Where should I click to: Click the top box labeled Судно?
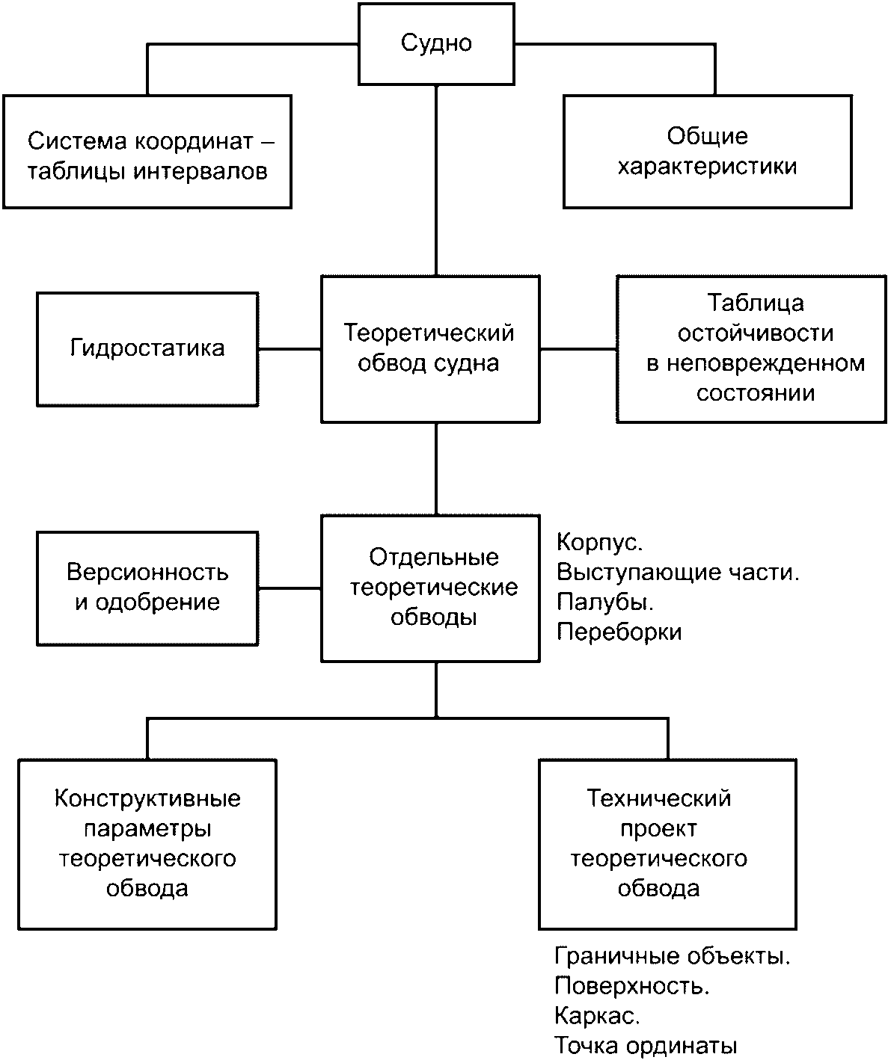point(436,44)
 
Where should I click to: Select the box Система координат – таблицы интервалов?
point(147,152)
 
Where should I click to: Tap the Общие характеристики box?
point(708,152)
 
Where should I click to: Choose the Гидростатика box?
point(147,349)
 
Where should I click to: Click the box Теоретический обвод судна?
point(430,349)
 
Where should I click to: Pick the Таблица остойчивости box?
point(751,349)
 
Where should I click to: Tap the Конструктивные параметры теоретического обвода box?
point(147,845)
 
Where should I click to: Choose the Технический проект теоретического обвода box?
point(667,845)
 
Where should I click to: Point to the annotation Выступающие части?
point(678,573)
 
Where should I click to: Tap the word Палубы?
point(605,603)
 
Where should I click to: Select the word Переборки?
point(619,632)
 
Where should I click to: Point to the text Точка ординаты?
point(646,1046)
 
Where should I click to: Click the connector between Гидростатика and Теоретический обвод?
point(290,349)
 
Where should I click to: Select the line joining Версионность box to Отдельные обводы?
point(290,589)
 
